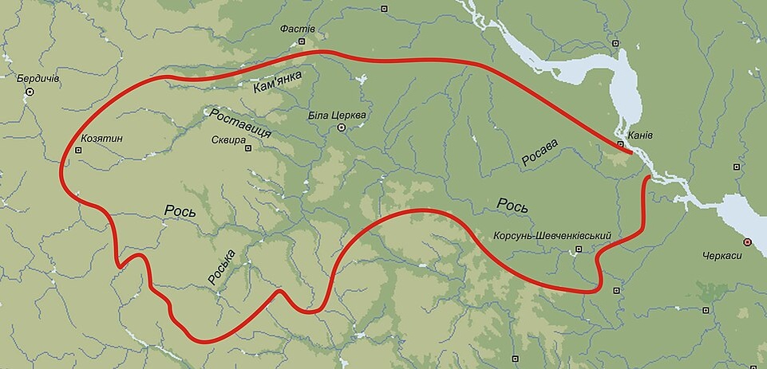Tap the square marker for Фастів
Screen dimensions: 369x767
(x=302, y=41)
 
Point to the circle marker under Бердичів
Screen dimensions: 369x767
(x=30, y=92)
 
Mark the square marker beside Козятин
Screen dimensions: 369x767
(x=78, y=149)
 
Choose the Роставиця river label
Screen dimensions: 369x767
(x=240, y=124)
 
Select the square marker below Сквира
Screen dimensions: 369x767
(x=247, y=147)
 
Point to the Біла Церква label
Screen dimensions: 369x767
(x=337, y=116)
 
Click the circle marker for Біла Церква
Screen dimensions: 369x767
(x=342, y=128)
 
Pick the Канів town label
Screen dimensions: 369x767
(x=640, y=135)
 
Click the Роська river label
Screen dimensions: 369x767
(x=220, y=267)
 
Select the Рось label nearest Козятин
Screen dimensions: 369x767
(x=180, y=210)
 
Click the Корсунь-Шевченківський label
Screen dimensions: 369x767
(x=552, y=237)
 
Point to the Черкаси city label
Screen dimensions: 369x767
(x=724, y=256)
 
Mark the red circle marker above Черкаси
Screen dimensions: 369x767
(x=747, y=241)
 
